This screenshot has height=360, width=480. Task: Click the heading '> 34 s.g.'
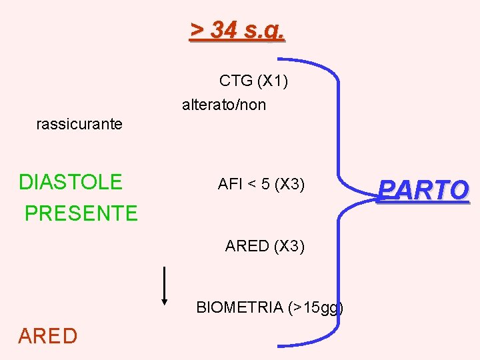[x=238, y=29]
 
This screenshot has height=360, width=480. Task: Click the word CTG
[x=235, y=81]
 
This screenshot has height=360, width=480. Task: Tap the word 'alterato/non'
[x=224, y=105]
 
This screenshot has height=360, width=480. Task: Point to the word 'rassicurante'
[x=79, y=124]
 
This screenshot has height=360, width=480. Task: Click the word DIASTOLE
[x=71, y=182]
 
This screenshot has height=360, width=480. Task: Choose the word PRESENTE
[x=81, y=213]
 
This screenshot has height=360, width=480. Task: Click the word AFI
[x=230, y=185]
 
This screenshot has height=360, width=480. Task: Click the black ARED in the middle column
[x=247, y=246]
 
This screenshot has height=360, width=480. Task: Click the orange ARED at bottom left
[x=48, y=336]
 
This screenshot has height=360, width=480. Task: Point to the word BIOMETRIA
[x=239, y=307]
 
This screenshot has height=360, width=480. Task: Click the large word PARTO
[x=423, y=191]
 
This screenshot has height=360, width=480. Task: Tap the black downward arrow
[x=165, y=287]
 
